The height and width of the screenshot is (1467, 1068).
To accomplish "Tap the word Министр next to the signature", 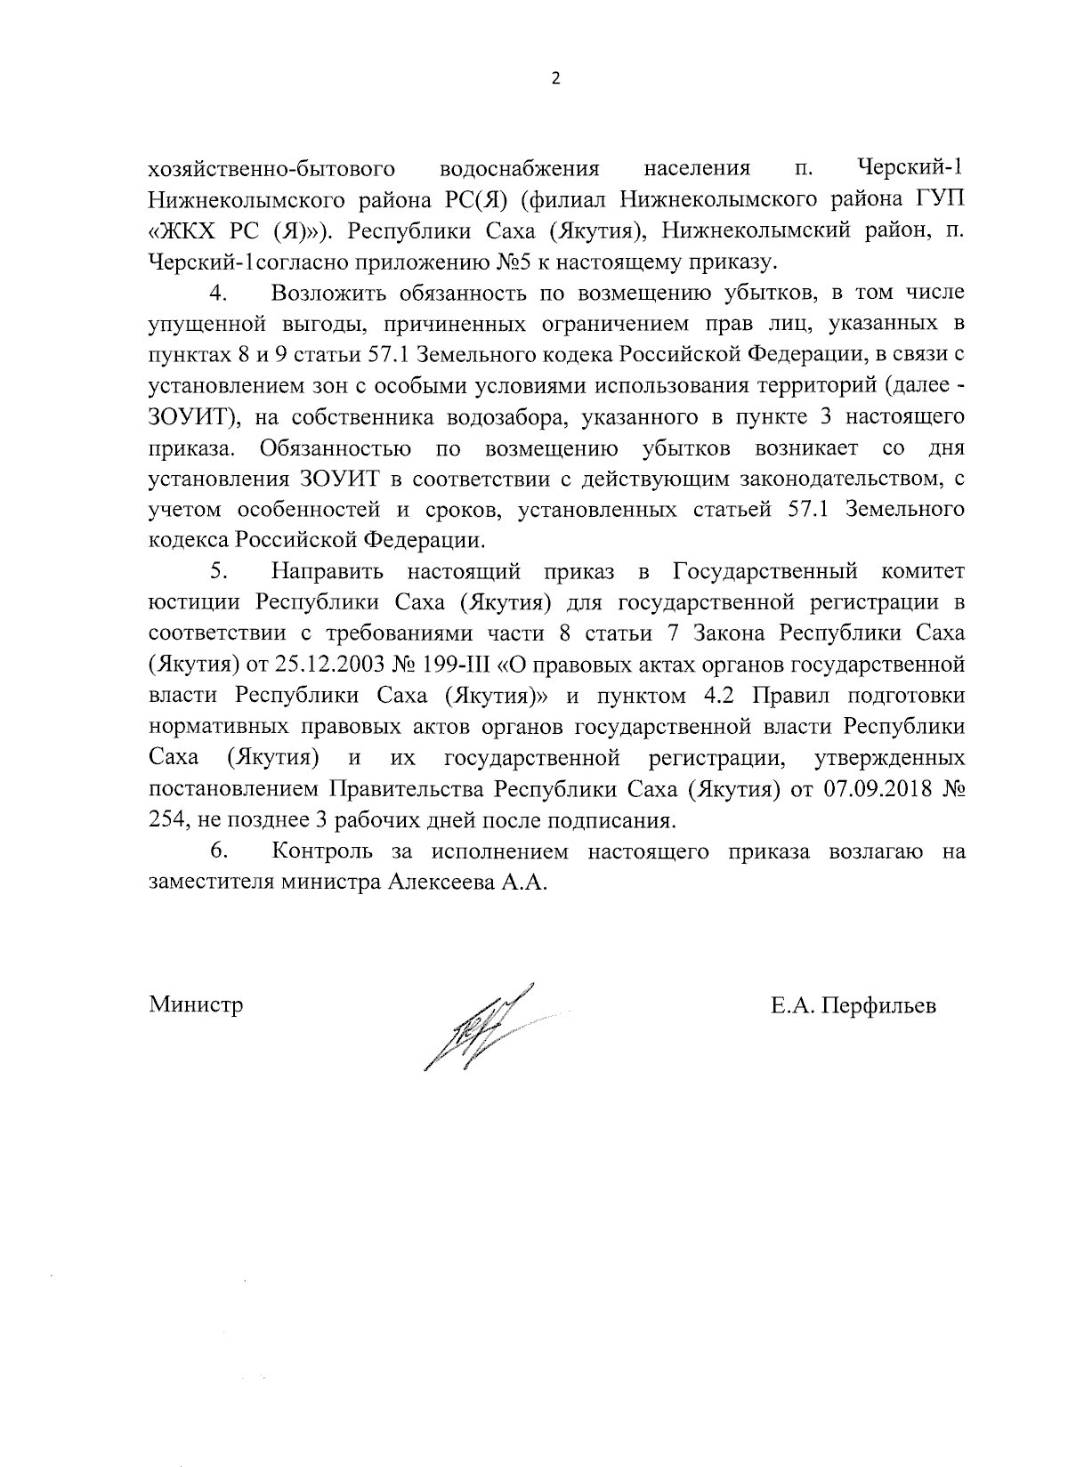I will pyautogui.click(x=196, y=1004).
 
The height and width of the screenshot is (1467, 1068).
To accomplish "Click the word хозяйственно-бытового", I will pyautogui.click(x=271, y=168).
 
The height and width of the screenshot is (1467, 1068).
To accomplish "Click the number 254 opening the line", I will pyautogui.click(x=165, y=819).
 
